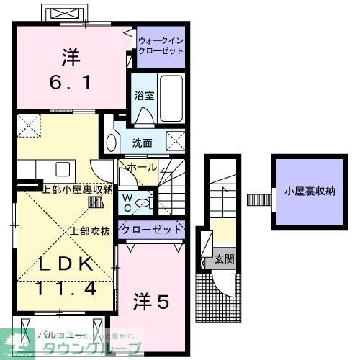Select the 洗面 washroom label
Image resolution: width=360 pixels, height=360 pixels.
(x=142, y=143)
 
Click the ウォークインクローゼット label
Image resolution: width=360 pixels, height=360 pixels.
(x=161, y=47)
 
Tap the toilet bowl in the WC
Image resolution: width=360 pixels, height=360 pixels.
(x=143, y=204)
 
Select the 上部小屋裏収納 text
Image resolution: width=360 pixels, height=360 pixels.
(x=76, y=190)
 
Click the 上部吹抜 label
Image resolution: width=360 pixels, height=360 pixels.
(x=90, y=231)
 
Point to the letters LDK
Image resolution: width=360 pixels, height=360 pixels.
(x=66, y=264)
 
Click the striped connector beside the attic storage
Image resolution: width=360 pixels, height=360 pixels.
(x=256, y=197)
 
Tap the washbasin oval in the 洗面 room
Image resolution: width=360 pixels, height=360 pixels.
(x=110, y=142)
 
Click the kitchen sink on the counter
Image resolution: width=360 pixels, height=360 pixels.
(x=60, y=170)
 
